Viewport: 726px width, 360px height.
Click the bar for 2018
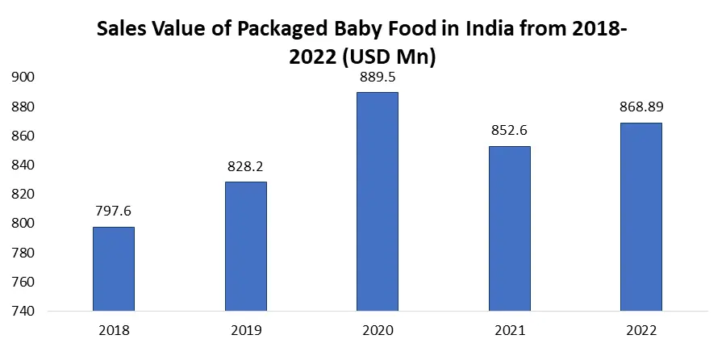click(114, 269)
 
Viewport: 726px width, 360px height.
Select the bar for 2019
click(245, 246)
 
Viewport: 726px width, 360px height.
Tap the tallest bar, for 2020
click(378, 202)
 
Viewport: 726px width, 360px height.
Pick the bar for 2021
click(509, 228)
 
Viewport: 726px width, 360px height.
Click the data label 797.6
click(114, 211)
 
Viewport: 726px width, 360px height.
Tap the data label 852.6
click(509, 131)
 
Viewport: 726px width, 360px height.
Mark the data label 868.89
click(641, 107)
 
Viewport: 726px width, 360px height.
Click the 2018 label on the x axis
click(114, 331)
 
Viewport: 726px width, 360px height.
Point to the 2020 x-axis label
click(378, 331)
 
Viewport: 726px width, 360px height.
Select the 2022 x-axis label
click(641, 331)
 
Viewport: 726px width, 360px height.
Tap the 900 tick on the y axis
click(22, 77)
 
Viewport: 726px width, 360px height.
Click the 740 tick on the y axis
click(22, 312)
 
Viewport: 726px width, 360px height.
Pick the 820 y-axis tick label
click(22, 195)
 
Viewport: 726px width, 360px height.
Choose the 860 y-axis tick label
click(22, 136)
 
